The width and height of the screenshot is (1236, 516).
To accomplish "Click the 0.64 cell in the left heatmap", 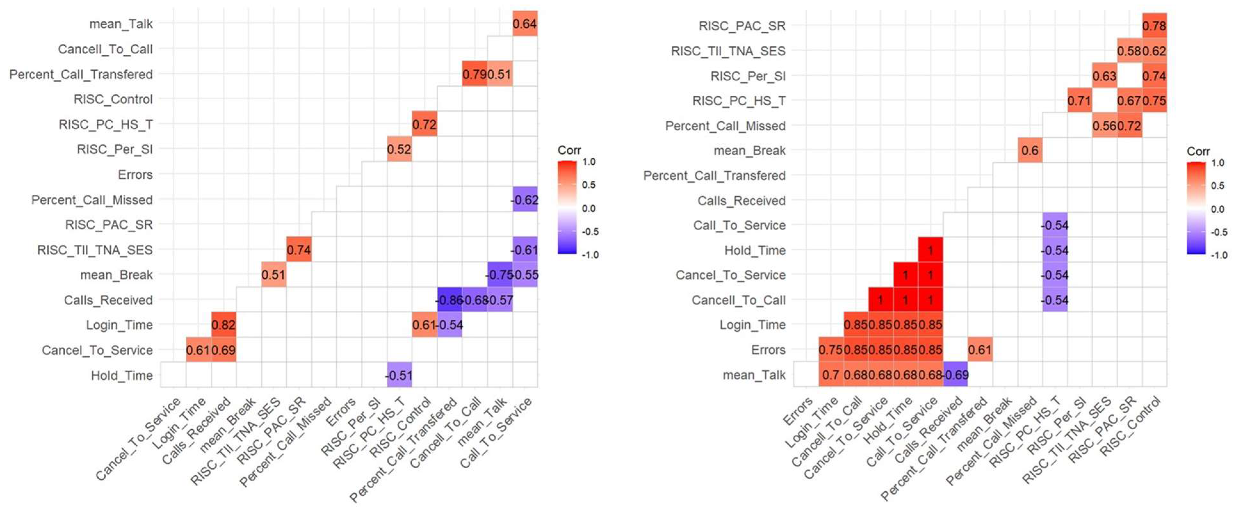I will pyautogui.click(x=524, y=23).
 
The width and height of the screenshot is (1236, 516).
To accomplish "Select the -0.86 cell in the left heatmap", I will pyautogui.click(x=449, y=300).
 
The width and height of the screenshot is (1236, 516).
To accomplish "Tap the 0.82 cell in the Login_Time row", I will pyautogui.click(x=223, y=325).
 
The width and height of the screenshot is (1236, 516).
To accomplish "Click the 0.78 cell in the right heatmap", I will pyautogui.click(x=1154, y=25).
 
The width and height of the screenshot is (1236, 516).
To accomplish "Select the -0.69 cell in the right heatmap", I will pyautogui.click(x=955, y=375).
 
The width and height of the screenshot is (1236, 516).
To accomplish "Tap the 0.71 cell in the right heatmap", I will pyautogui.click(x=1079, y=101).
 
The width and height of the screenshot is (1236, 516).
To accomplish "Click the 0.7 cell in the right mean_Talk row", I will pyautogui.click(x=830, y=375).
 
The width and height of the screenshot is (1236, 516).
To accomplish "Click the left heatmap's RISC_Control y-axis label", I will pyautogui.click(x=113, y=99).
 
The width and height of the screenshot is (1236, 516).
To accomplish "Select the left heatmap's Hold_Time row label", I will pyautogui.click(x=122, y=376).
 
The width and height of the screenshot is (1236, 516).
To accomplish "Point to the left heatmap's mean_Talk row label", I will pyautogui.click(x=121, y=23).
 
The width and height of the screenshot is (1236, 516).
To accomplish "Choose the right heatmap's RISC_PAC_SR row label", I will pyautogui.click(x=742, y=26).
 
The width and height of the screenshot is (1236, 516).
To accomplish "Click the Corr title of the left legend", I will pyautogui.click(x=569, y=150).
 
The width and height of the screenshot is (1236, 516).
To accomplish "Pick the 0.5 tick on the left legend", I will pyautogui.click(x=589, y=185).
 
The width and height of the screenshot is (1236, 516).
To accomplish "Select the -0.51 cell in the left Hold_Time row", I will pyautogui.click(x=399, y=376).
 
